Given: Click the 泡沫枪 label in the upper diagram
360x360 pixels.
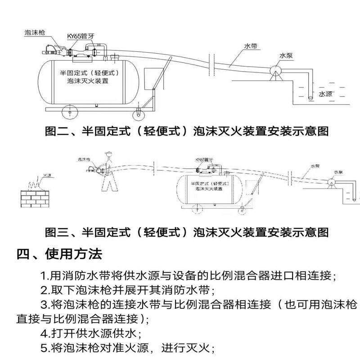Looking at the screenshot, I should pyautogui.click(x=36, y=32).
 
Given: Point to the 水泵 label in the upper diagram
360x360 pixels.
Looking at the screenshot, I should pyautogui.click(x=286, y=56).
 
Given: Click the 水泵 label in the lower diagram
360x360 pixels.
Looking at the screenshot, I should pyautogui.click(x=339, y=172).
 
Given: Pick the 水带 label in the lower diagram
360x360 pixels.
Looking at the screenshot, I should pyautogui.click(x=315, y=166).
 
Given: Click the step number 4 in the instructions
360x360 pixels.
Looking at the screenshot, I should pyautogui.click(x=44, y=334).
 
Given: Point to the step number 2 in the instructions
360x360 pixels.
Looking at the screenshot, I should pyautogui.click(x=44, y=290).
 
